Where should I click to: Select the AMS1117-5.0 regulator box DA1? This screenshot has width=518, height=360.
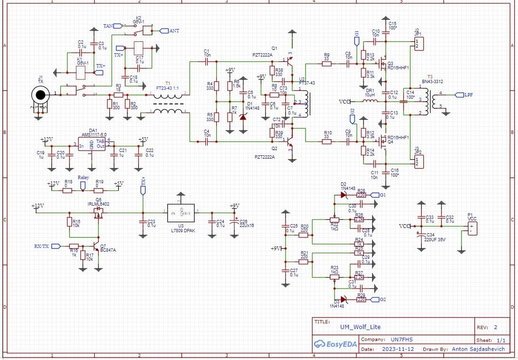coord(92,144)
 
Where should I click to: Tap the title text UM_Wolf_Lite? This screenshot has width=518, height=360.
coord(360,327)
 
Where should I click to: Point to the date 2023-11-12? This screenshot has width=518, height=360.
coord(397,350)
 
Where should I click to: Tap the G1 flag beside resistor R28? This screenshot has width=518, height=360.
coord(375,195)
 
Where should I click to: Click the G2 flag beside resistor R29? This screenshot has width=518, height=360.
coord(375,300)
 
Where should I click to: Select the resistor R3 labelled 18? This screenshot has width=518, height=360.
coord(119,95)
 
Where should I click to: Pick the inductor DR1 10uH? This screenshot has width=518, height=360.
coord(370,102)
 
